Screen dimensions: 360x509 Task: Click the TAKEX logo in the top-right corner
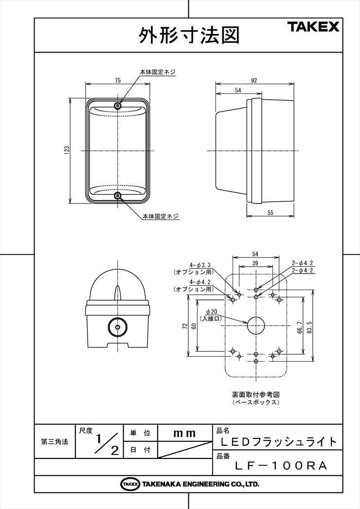[x=314, y=27]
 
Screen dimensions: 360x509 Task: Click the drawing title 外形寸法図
[x=189, y=35]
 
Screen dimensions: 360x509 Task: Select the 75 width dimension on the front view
[x=118, y=80]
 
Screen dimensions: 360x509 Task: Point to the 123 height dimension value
[x=67, y=150]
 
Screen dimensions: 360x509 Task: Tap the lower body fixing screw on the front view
[x=118, y=196]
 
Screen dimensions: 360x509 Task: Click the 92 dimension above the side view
[x=254, y=80]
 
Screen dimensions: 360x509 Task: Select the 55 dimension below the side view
[x=270, y=213]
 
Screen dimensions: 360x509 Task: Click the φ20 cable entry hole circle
[x=256, y=325]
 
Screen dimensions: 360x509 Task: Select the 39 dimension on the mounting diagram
[x=255, y=263]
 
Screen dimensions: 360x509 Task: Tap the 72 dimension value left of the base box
[x=185, y=326]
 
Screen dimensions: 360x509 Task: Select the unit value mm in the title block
[x=184, y=434]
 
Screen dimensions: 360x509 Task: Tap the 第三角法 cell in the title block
[x=54, y=441]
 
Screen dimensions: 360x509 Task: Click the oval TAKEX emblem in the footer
[x=130, y=484]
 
